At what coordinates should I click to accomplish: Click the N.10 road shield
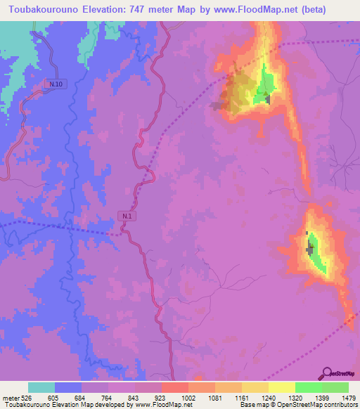56,84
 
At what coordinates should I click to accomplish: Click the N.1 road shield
126,216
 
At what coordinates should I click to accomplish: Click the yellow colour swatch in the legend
282,387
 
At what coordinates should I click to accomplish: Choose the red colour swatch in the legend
175,387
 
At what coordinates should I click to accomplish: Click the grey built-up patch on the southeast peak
309,249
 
